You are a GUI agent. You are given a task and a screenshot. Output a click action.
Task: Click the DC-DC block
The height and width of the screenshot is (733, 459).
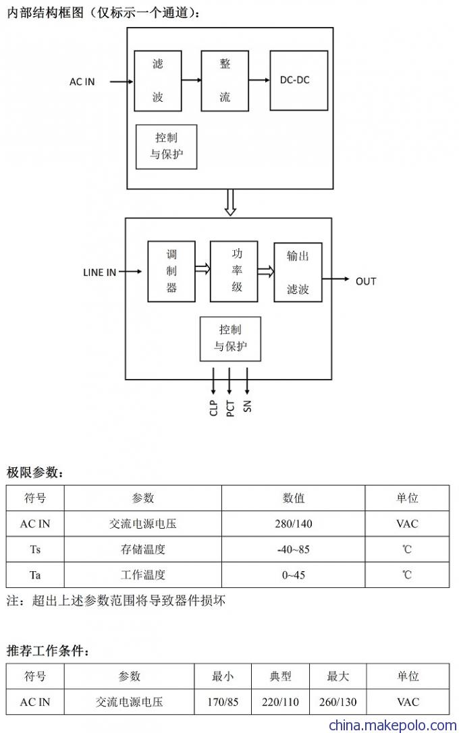pyautogui.click(x=298, y=80)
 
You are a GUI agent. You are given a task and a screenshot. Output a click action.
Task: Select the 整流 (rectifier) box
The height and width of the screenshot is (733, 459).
pyautogui.click(x=225, y=81)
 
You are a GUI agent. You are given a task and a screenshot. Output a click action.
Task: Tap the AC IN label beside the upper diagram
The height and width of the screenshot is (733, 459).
pyautogui.click(x=82, y=82)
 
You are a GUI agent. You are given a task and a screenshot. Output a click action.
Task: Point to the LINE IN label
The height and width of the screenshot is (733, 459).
pyautogui.click(x=99, y=272)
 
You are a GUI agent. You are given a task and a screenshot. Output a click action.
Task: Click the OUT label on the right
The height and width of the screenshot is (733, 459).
pyautogui.click(x=366, y=281)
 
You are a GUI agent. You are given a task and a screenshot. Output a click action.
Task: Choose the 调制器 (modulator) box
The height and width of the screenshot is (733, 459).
pyautogui.click(x=171, y=272)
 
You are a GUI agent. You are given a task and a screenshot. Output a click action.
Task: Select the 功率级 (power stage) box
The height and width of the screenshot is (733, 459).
pyautogui.click(x=234, y=272)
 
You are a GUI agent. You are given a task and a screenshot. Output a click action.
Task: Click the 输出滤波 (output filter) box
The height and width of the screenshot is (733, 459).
pyautogui.click(x=298, y=272)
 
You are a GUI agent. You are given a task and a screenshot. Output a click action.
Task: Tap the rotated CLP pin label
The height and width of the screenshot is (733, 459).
pyautogui.click(x=214, y=408)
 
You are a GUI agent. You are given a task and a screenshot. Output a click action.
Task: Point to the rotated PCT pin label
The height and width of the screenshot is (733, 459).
pyautogui.click(x=230, y=409)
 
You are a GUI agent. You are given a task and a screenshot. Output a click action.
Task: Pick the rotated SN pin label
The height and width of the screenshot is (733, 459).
pyautogui.click(x=247, y=406)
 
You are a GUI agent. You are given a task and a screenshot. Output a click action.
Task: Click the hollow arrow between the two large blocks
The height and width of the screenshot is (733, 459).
pyautogui.click(x=230, y=202)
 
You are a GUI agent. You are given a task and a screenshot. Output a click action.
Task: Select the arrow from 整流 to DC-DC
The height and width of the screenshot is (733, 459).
pyautogui.click(x=259, y=80)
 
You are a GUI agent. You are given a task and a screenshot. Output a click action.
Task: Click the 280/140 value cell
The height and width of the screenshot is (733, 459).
pyautogui.click(x=294, y=523)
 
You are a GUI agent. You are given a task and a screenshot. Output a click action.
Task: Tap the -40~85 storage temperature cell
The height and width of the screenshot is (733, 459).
pyautogui.click(x=294, y=550)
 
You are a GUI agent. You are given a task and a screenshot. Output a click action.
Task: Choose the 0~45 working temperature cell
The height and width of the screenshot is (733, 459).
pyautogui.click(x=294, y=575)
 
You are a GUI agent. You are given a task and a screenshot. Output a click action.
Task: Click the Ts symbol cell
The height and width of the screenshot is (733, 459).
pyautogui.click(x=35, y=550)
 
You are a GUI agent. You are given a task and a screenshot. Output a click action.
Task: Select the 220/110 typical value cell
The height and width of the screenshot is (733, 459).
pyautogui.click(x=280, y=702)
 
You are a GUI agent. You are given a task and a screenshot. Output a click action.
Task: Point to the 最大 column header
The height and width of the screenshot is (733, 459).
pyautogui.click(x=337, y=676)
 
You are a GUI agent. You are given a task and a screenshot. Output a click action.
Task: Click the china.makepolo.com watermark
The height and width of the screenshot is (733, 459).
pyautogui.click(x=393, y=726)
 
